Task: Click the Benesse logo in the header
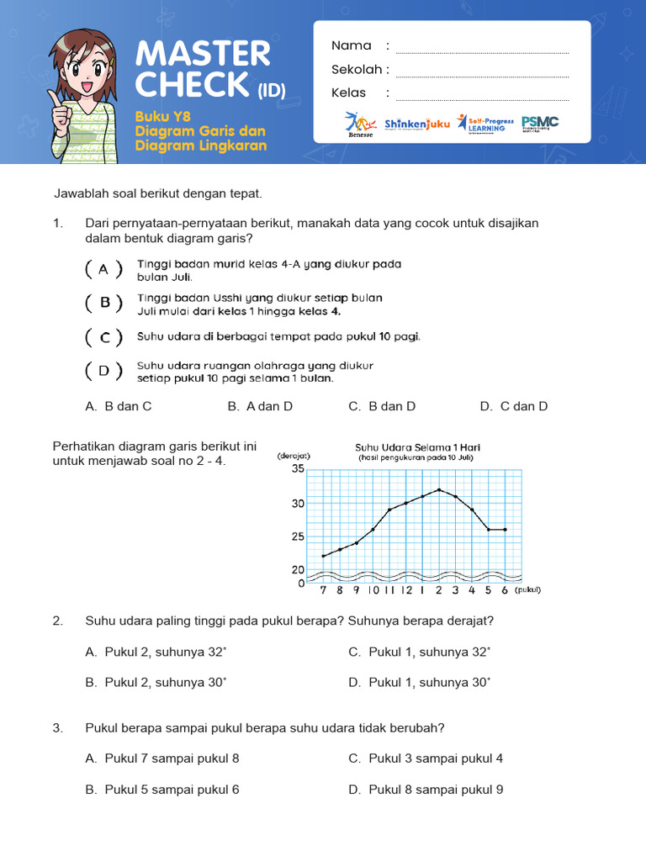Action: (x=360, y=123)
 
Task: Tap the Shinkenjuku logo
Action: (x=416, y=124)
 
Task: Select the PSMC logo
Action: (x=539, y=123)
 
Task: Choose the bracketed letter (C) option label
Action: (x=104, y=337)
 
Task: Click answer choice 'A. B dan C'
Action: (x=119, y=406)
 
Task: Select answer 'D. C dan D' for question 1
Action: (x=514, y=406)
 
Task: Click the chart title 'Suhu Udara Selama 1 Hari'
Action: (x=417, y=447)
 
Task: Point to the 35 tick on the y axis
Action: (x=298, y=469)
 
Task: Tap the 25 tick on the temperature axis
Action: (x=298, y=536)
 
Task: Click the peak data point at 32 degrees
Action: (x=439, y=489)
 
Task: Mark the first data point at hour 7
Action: (x=324, y=556)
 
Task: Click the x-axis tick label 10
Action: (x=373, y=590)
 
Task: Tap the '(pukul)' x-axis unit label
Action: (x=527, y=590)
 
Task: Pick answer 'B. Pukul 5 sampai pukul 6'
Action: (x=161, y=790)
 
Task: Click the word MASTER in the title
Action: (x=203, y=55)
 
